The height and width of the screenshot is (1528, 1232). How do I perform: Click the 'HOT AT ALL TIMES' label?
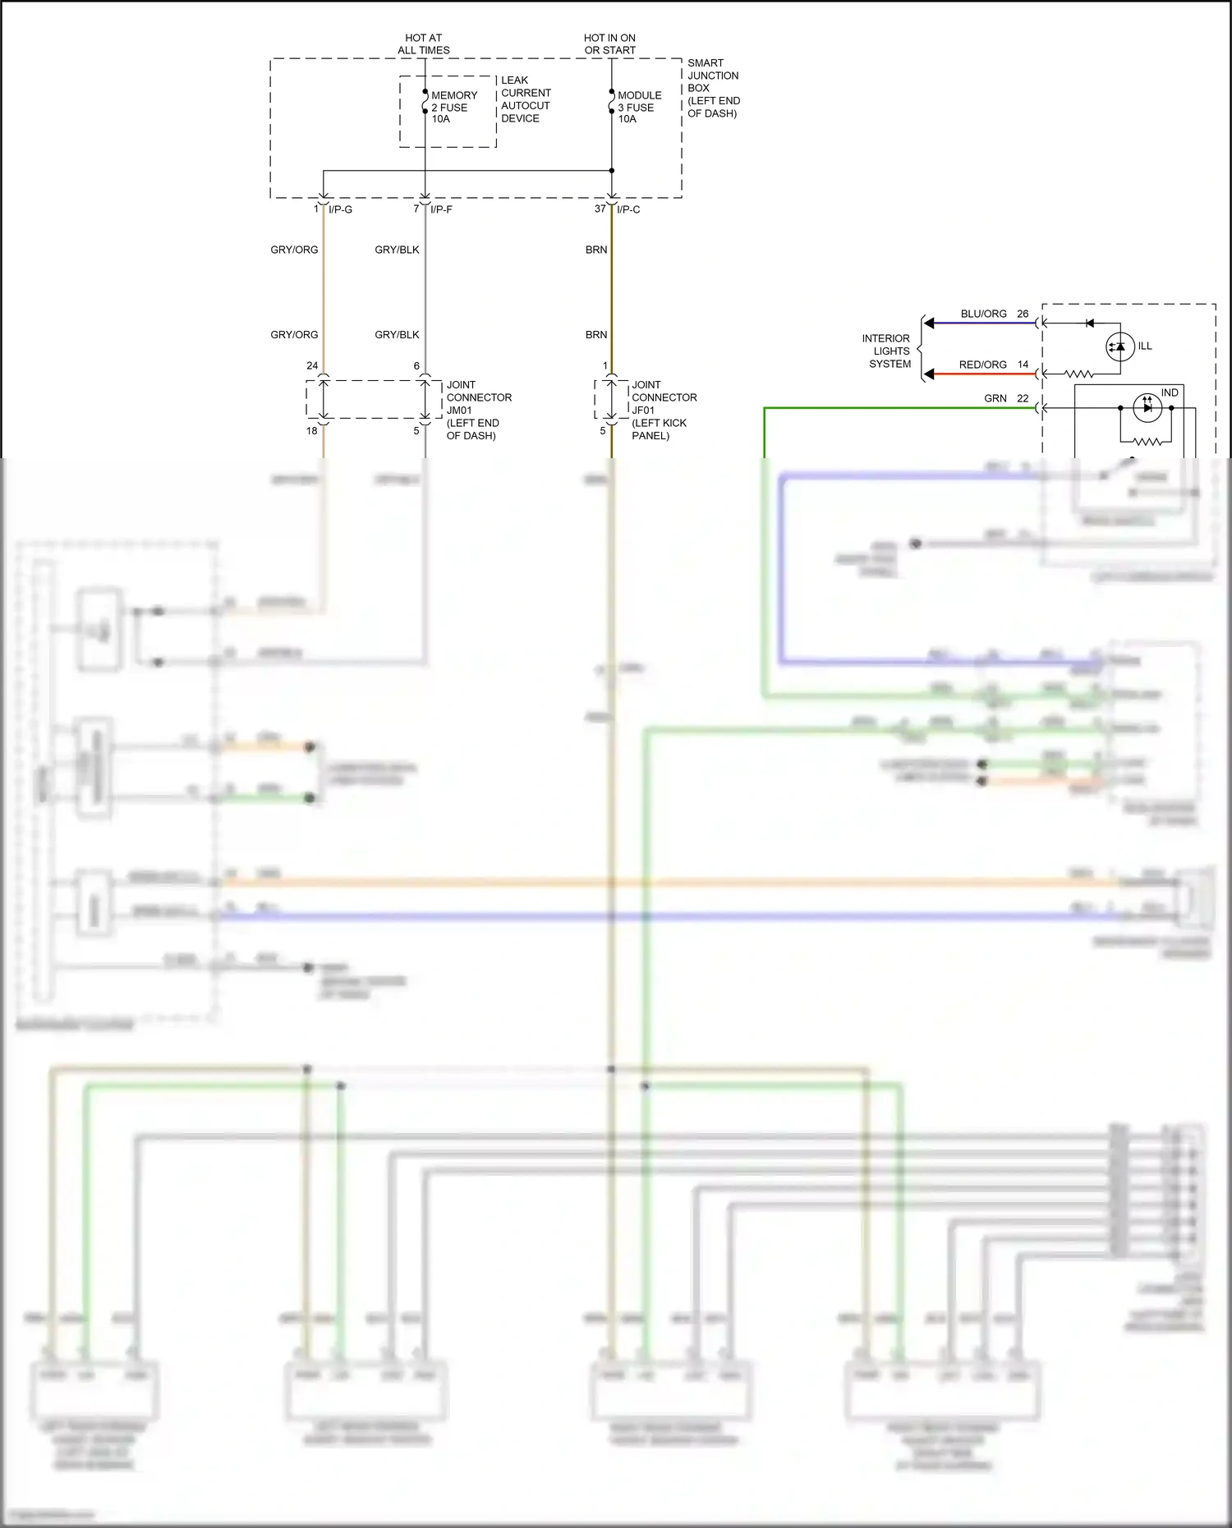[x=423, y=44]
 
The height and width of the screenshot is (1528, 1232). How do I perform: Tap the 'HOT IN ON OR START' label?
[x=609, y=44]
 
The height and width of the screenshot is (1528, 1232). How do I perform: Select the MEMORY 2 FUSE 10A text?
[x=453, y=108]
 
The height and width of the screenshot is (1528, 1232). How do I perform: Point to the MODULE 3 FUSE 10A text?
[x=639, y=108]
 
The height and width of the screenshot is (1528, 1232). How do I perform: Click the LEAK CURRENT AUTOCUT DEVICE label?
[x=526, y=99]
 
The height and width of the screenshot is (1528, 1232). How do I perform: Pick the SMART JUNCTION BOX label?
[x=713, y=88]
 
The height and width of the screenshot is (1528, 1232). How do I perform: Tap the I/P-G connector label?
[x=340, y=210]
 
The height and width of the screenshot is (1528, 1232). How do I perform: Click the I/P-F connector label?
[x=441, y=210]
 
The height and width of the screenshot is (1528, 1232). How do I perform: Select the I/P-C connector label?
[x=628, y=210]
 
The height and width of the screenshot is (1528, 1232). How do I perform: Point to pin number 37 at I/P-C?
[x=600, y=209]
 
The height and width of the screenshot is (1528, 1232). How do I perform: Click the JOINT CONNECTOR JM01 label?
[x=478, y=410]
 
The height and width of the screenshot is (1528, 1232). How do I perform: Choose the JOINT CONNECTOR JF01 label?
[x=664, y=410]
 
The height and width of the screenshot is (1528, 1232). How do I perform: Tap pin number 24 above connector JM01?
[x=312, y=366]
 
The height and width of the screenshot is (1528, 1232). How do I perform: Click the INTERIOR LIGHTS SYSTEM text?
[x=886, y=351]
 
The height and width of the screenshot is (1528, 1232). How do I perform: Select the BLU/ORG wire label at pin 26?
[x=983, y=314]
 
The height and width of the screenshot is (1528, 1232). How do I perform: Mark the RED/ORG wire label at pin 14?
[x=982, y=365]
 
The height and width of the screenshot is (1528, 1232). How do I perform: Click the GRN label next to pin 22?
[x=995, y=399]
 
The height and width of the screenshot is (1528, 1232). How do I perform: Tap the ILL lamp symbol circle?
[x=1119, y=346]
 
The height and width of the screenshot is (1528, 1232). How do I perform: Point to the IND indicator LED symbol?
[x=1147, y=407]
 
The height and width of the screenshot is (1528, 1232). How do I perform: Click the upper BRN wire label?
[x=596, y=250]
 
